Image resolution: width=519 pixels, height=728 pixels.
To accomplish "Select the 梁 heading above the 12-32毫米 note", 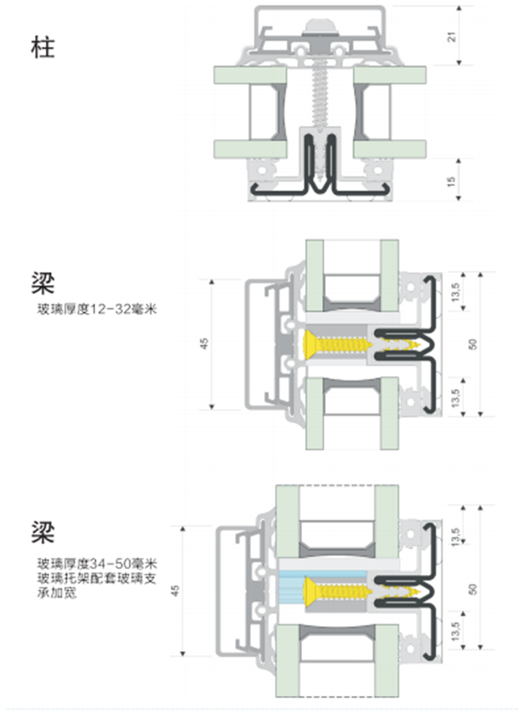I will pyautogui.click(x=42, y=284).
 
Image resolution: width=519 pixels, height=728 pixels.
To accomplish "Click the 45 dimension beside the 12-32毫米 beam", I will pyautogui.click(x=204, y=343).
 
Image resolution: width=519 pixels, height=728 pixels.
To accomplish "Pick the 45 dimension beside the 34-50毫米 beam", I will pyautogui.click(x=176, y=591).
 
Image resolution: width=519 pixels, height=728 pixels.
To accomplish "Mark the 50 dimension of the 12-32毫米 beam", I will pyautogui.click(x=472, y=343).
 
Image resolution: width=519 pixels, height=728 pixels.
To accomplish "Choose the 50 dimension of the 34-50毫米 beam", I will pyautogui.click(x=472, y=589).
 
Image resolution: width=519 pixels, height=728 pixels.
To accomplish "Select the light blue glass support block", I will pyautogui.click(x=292, y=591).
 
